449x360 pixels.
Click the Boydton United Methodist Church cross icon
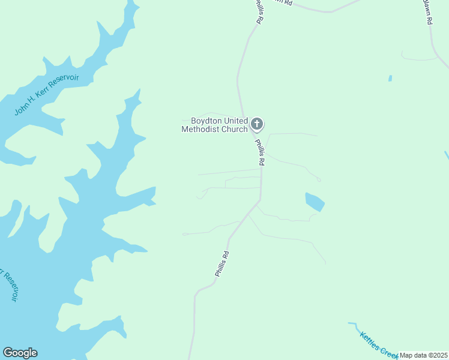click(257, 124)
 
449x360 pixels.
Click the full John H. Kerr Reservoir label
click(47, 95)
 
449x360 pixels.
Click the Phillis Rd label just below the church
click(260, 152)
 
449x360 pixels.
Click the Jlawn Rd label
click(427, 11)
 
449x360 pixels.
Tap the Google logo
click(20, 353)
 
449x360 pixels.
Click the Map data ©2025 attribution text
click(423, 355)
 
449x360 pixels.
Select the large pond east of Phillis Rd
click(314, 202)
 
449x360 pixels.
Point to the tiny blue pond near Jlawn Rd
click(390, 78)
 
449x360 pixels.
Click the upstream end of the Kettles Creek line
click(349, 323)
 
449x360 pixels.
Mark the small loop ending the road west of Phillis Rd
click(185, 234)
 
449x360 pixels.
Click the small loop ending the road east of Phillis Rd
click(318, 179)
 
